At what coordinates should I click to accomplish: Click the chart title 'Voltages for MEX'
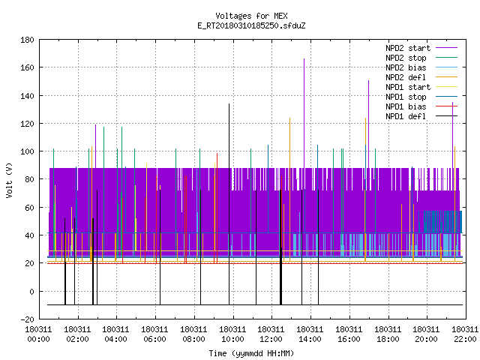coord(251,16)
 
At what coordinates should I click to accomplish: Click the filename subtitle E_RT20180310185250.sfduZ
coord(251,25)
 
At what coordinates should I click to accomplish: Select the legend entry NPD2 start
coord(421,48)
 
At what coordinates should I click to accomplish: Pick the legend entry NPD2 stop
coord(421,58)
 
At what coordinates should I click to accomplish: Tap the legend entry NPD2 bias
coord(421,67)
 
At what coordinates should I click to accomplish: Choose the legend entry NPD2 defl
coord(421,77)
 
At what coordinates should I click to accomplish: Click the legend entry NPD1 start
coord(421,87)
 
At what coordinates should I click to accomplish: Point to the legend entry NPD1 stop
coord(421,97)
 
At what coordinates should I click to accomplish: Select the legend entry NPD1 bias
coord(421,106)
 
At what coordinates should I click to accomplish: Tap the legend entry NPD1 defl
coord(421,116)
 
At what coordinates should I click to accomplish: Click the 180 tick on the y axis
coord(27,40)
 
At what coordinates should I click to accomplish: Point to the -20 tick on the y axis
coord(27,319)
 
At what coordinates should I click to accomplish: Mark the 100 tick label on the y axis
coord(27,151)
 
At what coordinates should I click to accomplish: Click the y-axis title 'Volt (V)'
coord(9,180)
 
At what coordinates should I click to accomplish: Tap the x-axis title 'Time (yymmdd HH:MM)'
coord(251,353)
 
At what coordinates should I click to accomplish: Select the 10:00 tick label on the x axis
coord(232,334)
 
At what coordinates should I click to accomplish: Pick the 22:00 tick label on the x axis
coord(465,334)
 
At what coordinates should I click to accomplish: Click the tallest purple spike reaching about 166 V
coord(304,113)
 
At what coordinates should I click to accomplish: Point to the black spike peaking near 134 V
coord(229,204)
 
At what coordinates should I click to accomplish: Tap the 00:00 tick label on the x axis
coord(38,334)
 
